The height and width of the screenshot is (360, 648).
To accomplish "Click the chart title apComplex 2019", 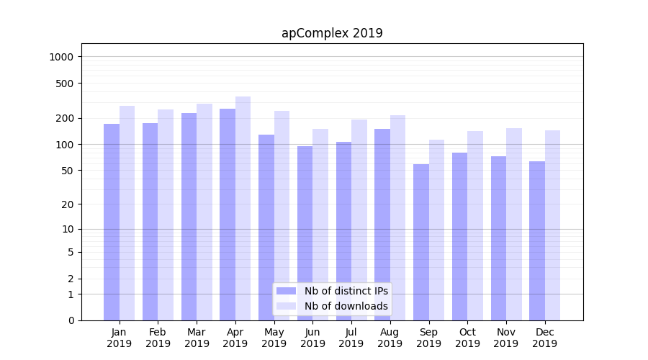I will (332, 33).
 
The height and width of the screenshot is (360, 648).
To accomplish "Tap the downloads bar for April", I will (243, 209).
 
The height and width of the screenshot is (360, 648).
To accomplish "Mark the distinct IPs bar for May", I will (266, 228).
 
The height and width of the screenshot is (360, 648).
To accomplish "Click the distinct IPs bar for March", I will (189, 217).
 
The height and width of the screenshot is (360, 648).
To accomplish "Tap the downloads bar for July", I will (359, 220).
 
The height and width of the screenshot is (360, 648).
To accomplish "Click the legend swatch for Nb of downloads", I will (287, 306).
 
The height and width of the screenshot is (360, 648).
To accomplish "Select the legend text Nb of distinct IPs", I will (346, 291).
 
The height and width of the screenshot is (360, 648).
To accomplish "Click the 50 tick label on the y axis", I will (68, 171).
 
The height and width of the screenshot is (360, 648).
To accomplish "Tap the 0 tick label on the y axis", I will (71, 320).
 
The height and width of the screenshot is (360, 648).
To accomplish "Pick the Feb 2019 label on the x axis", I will (158, 338).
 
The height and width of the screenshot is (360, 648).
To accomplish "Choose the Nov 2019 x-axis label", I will (506, 338).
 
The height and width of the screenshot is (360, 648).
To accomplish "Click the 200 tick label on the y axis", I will (66, 118).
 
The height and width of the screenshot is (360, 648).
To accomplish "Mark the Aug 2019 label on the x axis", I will (390, 338).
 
